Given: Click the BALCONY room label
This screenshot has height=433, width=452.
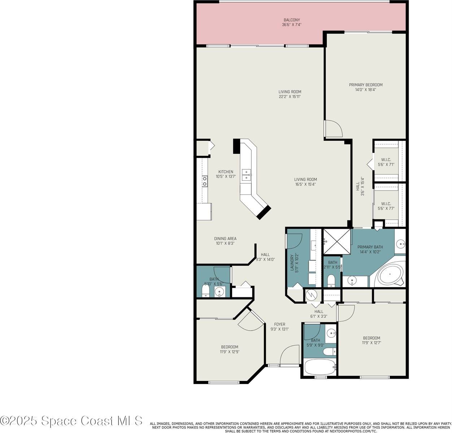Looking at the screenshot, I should [x=291, y=22].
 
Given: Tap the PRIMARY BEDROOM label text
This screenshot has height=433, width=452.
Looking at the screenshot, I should [x=365, y=87].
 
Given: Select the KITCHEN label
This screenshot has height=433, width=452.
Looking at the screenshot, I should [x=226, y=174].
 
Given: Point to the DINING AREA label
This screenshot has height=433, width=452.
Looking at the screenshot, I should [x=225, y=241].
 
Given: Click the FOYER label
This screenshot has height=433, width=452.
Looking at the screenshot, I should [x=279, y=327].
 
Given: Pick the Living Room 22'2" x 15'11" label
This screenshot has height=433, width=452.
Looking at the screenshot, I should [x=290, y=94].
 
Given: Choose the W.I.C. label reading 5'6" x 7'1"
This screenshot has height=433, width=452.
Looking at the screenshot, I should [x=386, y=162].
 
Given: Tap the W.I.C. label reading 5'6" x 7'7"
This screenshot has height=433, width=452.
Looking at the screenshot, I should [x=386, y=206].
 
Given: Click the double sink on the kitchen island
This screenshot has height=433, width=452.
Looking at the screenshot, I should [x=247, y=175].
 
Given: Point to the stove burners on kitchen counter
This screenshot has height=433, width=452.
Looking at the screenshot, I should [x=205, y=181].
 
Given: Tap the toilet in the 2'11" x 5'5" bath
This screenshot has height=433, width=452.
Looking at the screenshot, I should [x=331, y=280].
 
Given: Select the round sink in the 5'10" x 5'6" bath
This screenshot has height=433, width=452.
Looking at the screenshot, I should [x=219, y=291].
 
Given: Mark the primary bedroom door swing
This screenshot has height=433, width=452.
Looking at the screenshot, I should [x=333, y=129].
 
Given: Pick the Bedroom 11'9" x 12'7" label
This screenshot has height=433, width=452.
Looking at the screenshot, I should [x=371, y=340].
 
